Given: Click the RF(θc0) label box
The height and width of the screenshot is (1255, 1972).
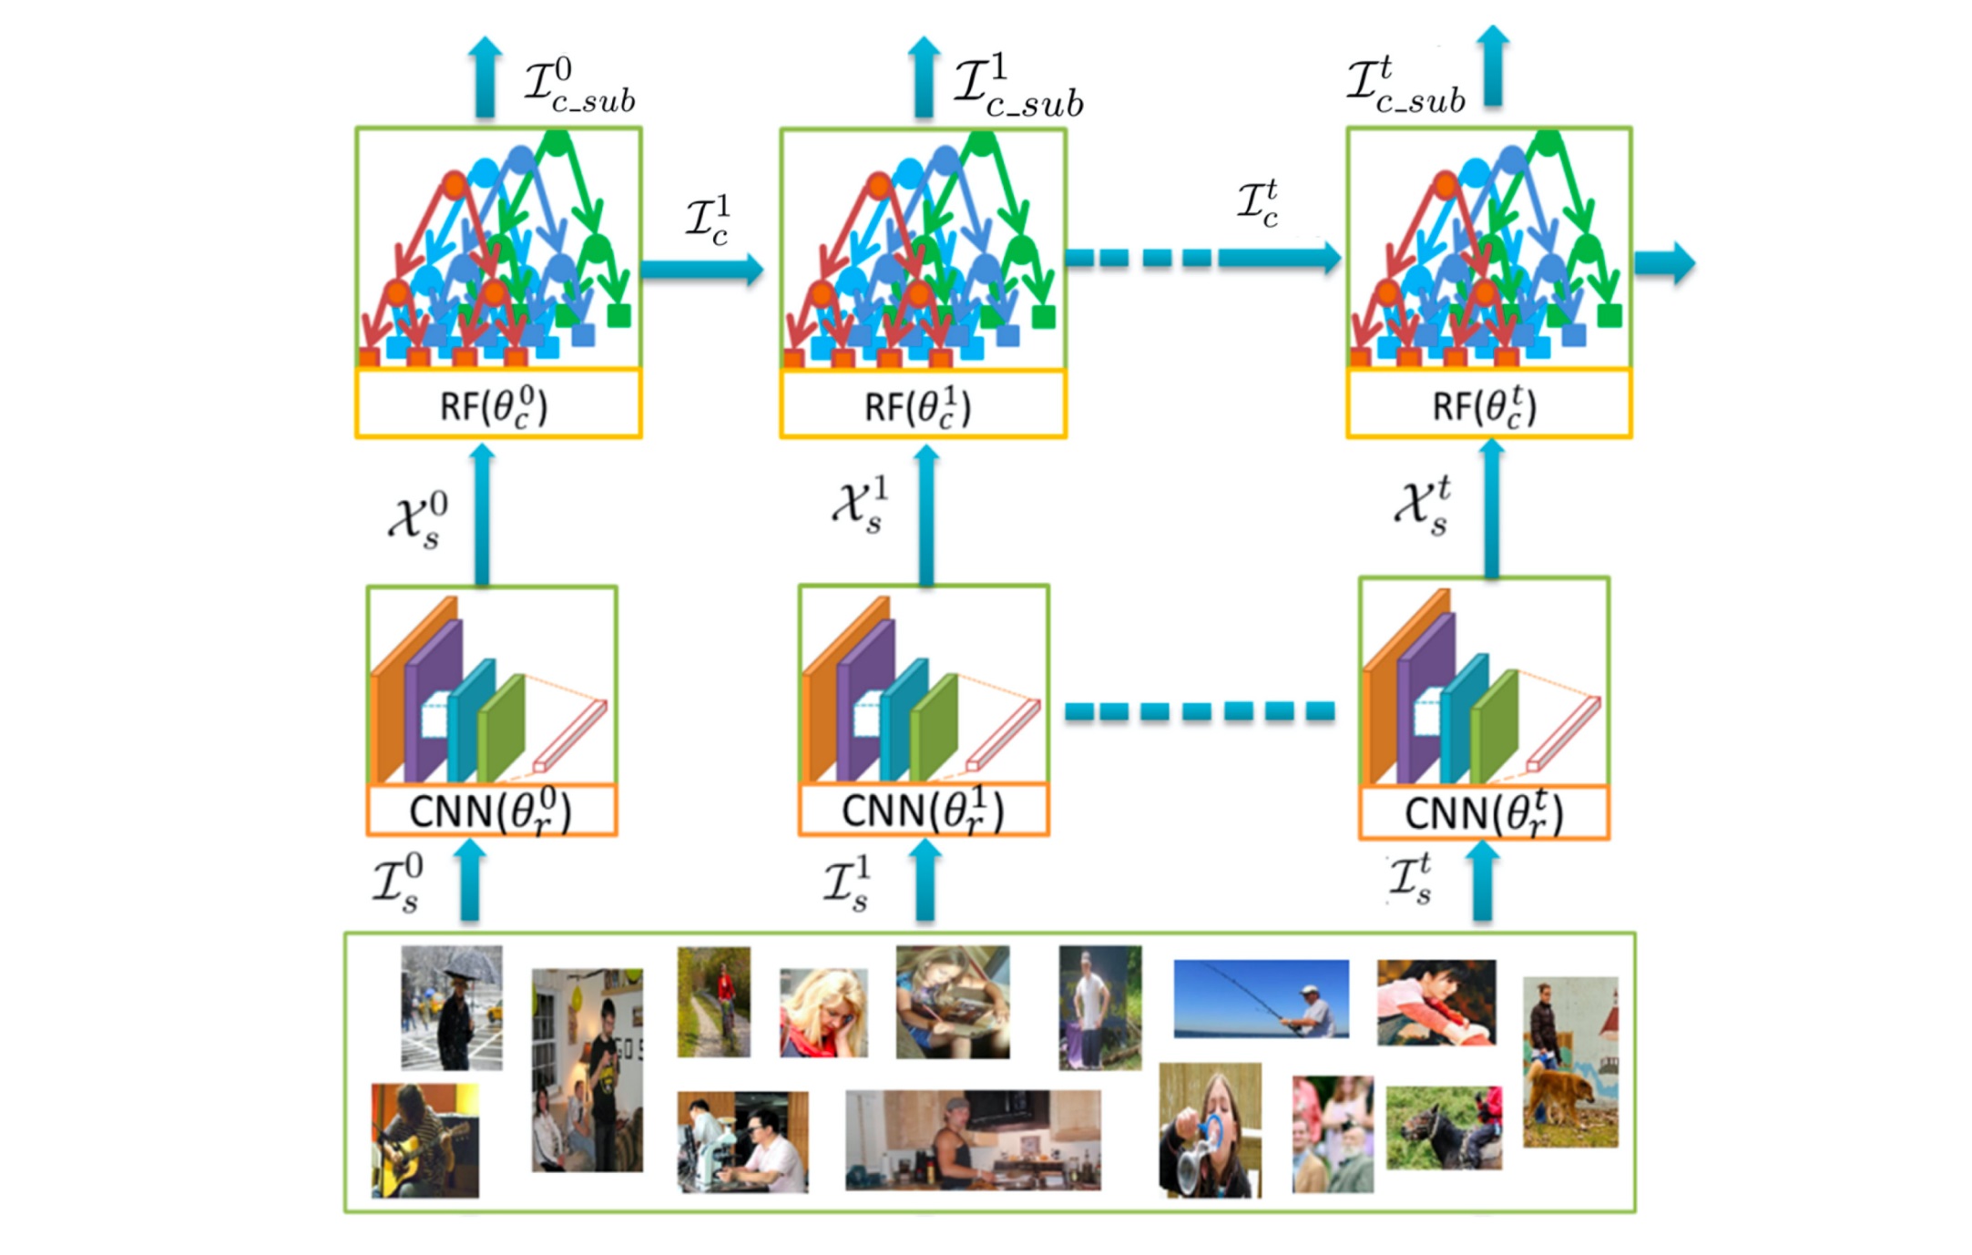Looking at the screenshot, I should pyautogui.click(x=497, y=404).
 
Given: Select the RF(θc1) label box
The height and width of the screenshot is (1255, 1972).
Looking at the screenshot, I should pyautogui.click(x=922, y=404).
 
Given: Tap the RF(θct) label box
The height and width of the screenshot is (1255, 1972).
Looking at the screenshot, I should pyautogui.click(x=1488, y=404).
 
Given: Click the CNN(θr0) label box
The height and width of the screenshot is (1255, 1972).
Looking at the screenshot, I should pyautogui.click(x=491, y=811).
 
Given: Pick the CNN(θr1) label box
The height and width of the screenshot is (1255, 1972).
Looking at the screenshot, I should pyautogui.click(x=923, y=811).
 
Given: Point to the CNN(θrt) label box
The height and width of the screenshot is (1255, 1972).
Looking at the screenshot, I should pyautogui.click(x=1484, y=812).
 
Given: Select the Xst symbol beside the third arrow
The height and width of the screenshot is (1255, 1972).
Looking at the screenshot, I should pyautogui.click(x=1423, y=506).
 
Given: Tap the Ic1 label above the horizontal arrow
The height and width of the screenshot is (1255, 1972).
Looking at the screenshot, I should pyautogui.click(x=709, y=219).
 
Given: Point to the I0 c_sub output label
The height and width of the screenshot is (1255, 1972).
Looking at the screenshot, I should pyautogui.click(x=579, y=87).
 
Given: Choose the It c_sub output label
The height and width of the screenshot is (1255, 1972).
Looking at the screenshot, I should pyautogui.click(x=1405, y=87).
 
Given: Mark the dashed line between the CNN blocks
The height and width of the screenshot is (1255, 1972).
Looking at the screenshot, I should pyautogui.click(x=1200, y=710).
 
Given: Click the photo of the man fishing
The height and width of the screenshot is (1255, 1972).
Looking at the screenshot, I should pyautogui.click(x=1261, y=998).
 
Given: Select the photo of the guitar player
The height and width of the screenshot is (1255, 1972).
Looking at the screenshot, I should pyautogui.click(x=424, y=1140).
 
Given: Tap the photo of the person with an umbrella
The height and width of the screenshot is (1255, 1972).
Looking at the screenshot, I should pyautogui.click(x=452, y=1006).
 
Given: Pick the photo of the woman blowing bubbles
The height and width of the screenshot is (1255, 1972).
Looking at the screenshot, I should pyautogui.click(x=1210, y=1129).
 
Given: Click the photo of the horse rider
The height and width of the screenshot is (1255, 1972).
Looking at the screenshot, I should pyautogui.click(x=1444, y=1127).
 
